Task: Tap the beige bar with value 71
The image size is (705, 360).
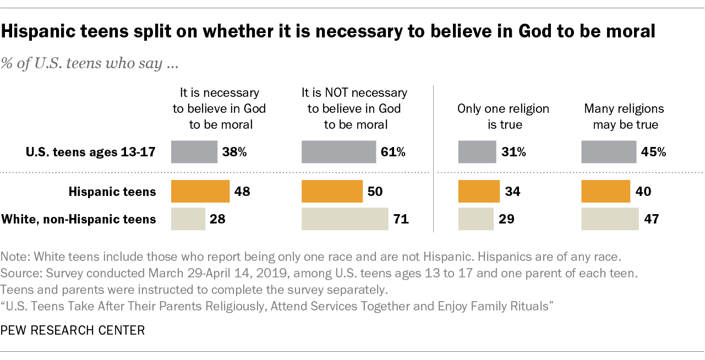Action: [345, 219]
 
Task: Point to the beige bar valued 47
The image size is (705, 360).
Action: [610, 219]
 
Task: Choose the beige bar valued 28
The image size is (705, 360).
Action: [188, 219]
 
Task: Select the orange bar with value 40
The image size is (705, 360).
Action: [605, 192]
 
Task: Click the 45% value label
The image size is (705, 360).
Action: [653, 152]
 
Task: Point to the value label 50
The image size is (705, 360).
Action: [375, 192]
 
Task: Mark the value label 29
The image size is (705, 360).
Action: [506, 219]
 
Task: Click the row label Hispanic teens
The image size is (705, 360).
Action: [112, 192]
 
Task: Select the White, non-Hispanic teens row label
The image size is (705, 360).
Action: [79, 219]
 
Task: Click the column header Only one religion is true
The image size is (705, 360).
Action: [503, 116]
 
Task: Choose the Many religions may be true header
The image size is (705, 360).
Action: [624, 116]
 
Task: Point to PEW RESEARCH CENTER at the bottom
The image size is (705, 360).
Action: [73, 330]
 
